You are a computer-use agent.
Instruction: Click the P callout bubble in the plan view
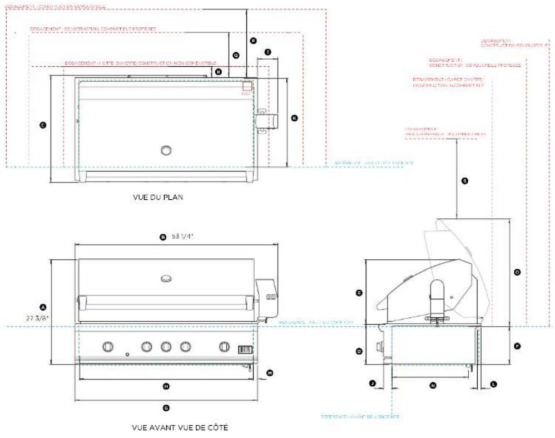[x=253, y=41]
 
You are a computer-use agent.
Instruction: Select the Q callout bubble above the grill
[x=236, y=55]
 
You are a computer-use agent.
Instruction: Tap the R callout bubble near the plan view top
[x=219, y=71]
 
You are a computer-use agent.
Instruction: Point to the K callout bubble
[x=294, y=118]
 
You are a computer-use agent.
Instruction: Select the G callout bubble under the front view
[x=166, y=408]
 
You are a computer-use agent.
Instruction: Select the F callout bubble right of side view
[x=517, y=346]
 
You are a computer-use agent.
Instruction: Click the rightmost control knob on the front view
[x=225, y=347]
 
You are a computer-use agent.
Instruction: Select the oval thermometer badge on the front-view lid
[x=166, y=278]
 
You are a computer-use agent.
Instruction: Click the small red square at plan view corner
[x=247, y=86]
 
